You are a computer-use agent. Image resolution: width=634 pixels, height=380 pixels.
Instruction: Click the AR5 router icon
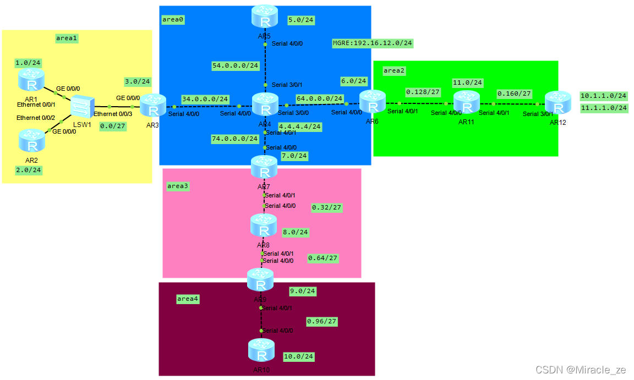coord(265,16)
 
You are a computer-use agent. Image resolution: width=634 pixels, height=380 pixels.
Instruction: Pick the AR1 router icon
coord(31,80)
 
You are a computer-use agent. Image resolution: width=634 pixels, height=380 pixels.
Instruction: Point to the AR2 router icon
coord(31,140)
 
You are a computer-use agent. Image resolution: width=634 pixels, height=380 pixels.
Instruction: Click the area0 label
coord(173,19)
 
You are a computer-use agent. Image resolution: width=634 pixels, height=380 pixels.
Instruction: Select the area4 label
coord(188,299)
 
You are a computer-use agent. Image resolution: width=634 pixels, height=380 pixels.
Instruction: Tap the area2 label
coord(394,70)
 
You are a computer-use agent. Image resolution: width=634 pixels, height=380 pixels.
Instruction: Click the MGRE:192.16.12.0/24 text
coord(373,43)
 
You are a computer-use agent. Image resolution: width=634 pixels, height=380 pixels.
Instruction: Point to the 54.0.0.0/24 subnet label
coord(235,66)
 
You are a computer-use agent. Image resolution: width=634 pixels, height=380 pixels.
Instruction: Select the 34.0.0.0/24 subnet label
coord(205,99)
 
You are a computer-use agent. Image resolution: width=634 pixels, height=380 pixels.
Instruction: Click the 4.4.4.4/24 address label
coord(300,126)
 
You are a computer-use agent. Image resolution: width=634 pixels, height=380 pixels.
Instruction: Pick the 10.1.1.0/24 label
coord(603,96)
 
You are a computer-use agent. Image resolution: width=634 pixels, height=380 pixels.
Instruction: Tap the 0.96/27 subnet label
coord(322,321)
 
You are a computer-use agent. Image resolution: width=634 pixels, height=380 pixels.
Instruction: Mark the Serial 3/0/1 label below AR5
coord(287,85)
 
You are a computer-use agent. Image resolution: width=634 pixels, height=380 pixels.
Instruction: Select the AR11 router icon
coord(467,103)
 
